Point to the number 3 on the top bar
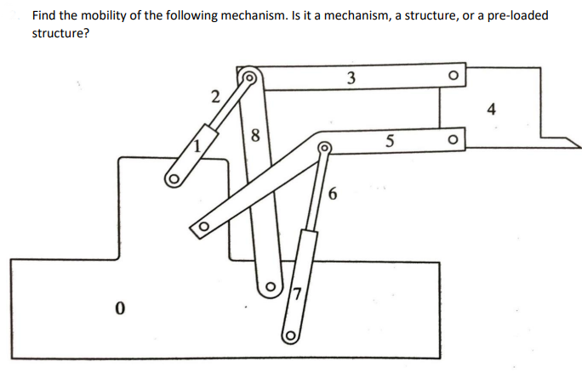(x=351, y=79)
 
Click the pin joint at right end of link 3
(x=453, y=76)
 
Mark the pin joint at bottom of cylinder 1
(x=174, y=179)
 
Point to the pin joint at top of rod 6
(x=324, y=150)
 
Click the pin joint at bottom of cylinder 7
(x=289, y=335)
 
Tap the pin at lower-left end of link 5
(x=203, y=228)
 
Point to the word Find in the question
(x=45, y=16)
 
